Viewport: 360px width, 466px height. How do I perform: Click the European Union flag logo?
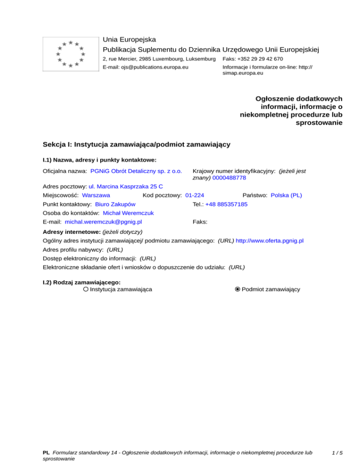tap(70, 53)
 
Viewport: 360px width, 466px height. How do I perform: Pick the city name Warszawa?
tap(96, 195)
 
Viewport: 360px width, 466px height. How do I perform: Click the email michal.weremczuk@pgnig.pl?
tap(104, 221)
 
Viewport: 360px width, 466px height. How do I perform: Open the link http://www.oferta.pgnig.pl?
tap(270, 241)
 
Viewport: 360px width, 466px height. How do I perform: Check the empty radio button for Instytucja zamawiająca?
tap(86, 290)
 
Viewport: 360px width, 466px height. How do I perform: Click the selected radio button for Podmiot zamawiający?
tap(238, 290)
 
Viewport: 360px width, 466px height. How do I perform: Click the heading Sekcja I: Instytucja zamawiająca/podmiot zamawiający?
tap(136, 144)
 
